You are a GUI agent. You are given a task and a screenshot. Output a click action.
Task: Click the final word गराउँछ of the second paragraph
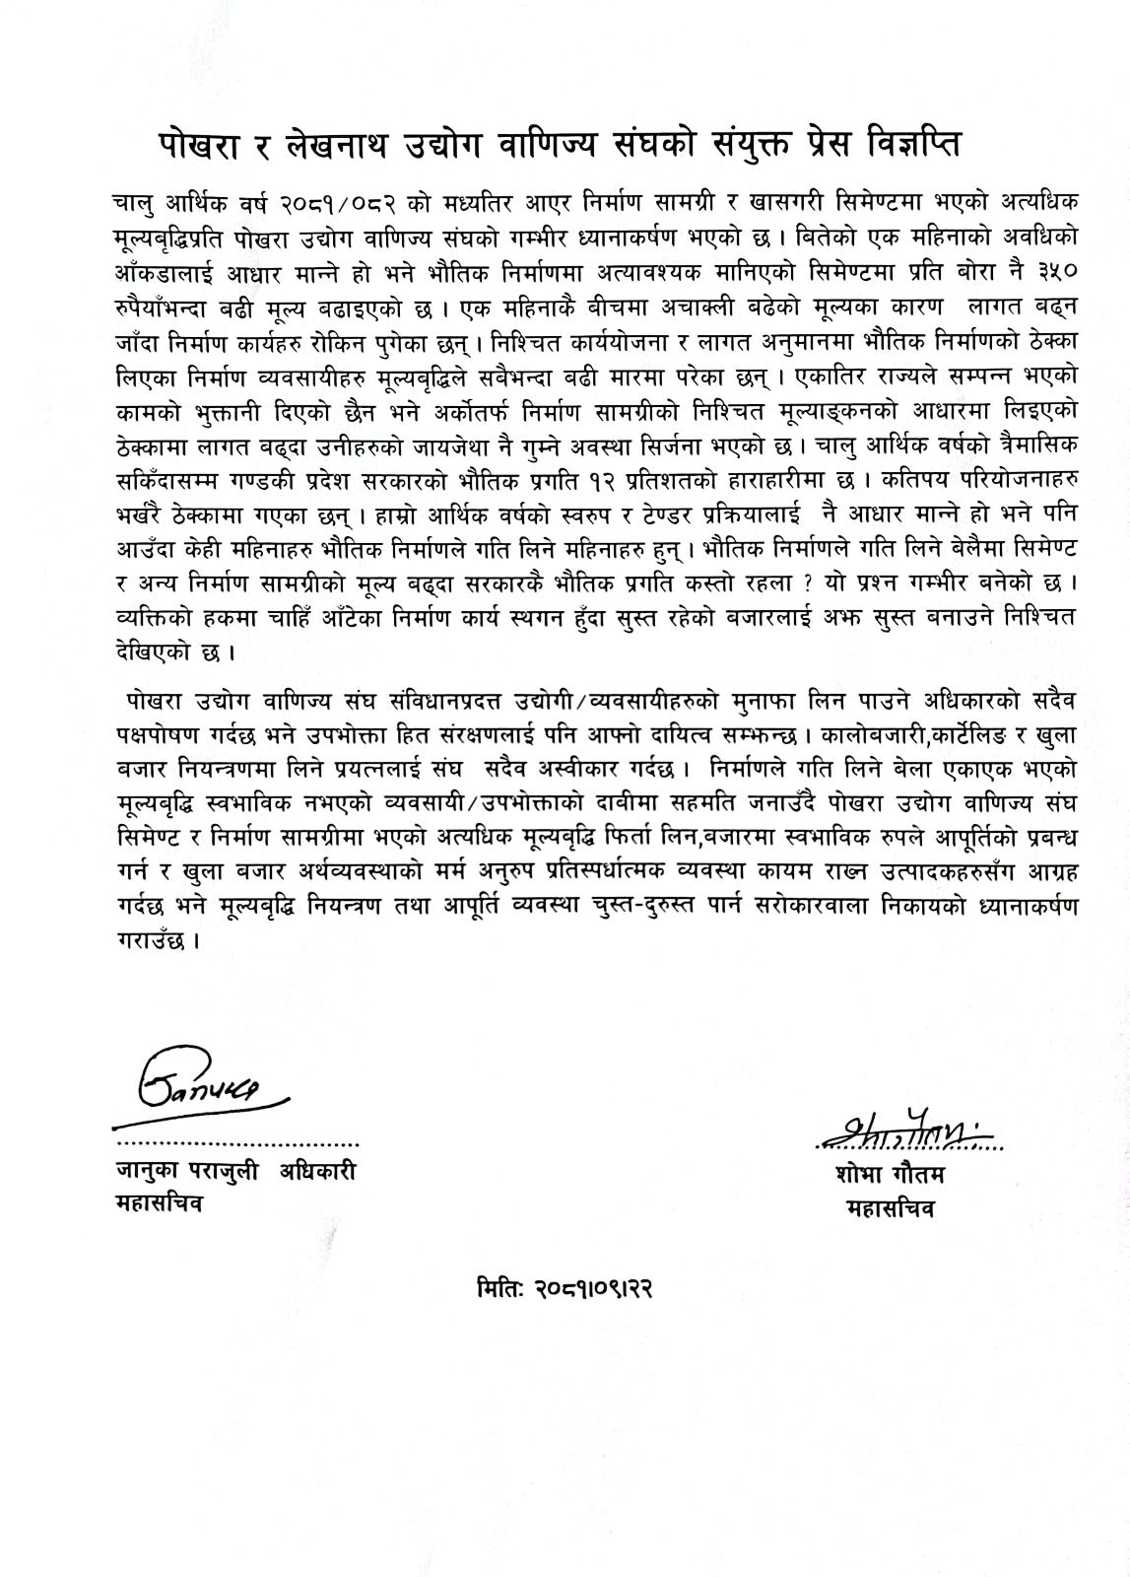[150, 939]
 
